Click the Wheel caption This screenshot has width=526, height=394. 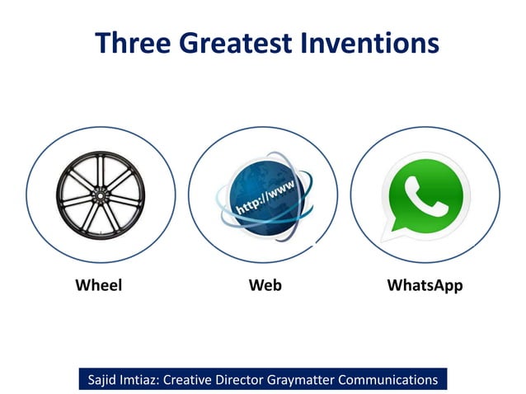point(99,285)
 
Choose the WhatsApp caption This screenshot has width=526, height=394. point(425,285)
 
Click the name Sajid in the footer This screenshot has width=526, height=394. point(106,380)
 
